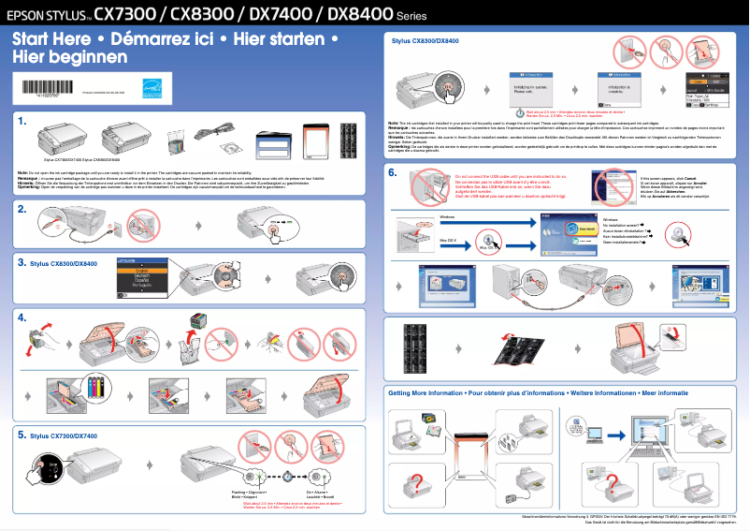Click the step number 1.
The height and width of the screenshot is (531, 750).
click(x=21, y=122)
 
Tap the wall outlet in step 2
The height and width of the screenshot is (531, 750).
click(x=114, y=227)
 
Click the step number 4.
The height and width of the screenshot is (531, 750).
click(x=21, y=317)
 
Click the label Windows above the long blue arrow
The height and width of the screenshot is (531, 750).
click(x=450, y=215)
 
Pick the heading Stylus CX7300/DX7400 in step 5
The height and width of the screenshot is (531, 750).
click(x=64, y=436)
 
